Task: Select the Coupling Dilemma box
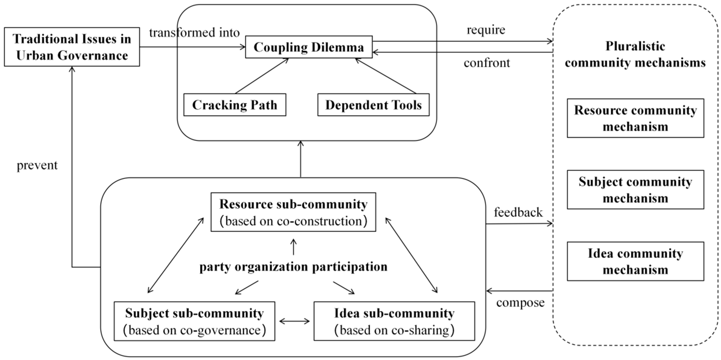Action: point(309,47)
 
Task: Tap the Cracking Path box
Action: point(235,105)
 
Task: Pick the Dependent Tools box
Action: point(373,105)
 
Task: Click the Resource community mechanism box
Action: point(635,118)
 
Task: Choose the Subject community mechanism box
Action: point(635,190)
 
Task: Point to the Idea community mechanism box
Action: point(635,261)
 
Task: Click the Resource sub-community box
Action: point(293,212)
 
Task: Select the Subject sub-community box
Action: point(194,321)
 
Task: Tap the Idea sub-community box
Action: point(394,321)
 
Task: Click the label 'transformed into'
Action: point(194,32)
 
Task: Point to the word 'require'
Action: point(486,30)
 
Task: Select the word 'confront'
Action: point(487,63)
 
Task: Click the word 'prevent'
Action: point(37,165)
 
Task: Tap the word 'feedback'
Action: point(518,212)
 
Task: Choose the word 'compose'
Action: point(520,302)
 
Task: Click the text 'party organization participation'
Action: point(293,267)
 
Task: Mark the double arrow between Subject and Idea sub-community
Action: point(295,321)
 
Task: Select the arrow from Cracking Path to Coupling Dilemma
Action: point(262,76)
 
